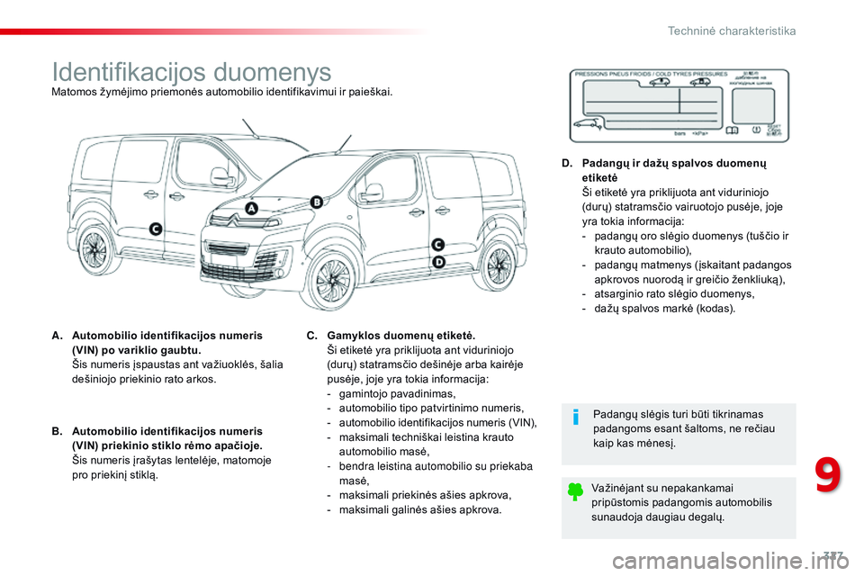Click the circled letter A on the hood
tap(251, 208)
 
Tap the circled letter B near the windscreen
tap(316, 202)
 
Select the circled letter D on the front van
tap(438, 261)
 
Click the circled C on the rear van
tap(155, 229)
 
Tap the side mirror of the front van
tap(371, 192)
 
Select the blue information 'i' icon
tap(577, 418)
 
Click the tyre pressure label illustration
tap(679, 104)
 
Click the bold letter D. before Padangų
tap(566, 164)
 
